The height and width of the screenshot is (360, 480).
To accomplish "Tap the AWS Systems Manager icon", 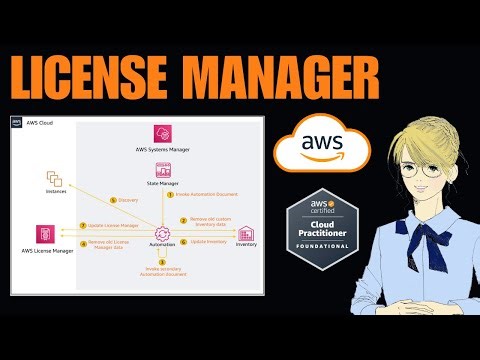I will coord(161,134).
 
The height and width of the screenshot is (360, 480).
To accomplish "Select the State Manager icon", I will coord(161,171).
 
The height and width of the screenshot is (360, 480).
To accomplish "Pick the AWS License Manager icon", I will coord(45,234).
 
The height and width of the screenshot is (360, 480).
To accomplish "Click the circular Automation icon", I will coord(161,233).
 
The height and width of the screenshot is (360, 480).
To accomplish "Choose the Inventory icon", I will coord(245,234).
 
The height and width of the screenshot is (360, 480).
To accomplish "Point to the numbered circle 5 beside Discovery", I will coord(113,199).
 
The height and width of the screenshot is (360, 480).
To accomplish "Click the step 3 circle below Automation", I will coord(161,262).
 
